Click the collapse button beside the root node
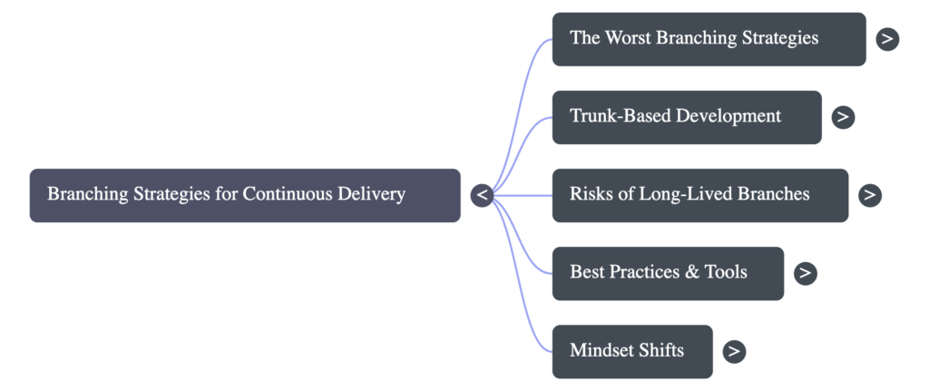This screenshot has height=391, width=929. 482,195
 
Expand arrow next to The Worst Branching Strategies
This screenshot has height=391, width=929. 887,39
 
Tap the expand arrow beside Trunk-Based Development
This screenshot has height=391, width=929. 843,117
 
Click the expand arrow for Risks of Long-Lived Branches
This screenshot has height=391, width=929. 870,195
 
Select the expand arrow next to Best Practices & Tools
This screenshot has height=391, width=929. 805,273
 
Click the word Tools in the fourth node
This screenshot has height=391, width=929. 726,272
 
